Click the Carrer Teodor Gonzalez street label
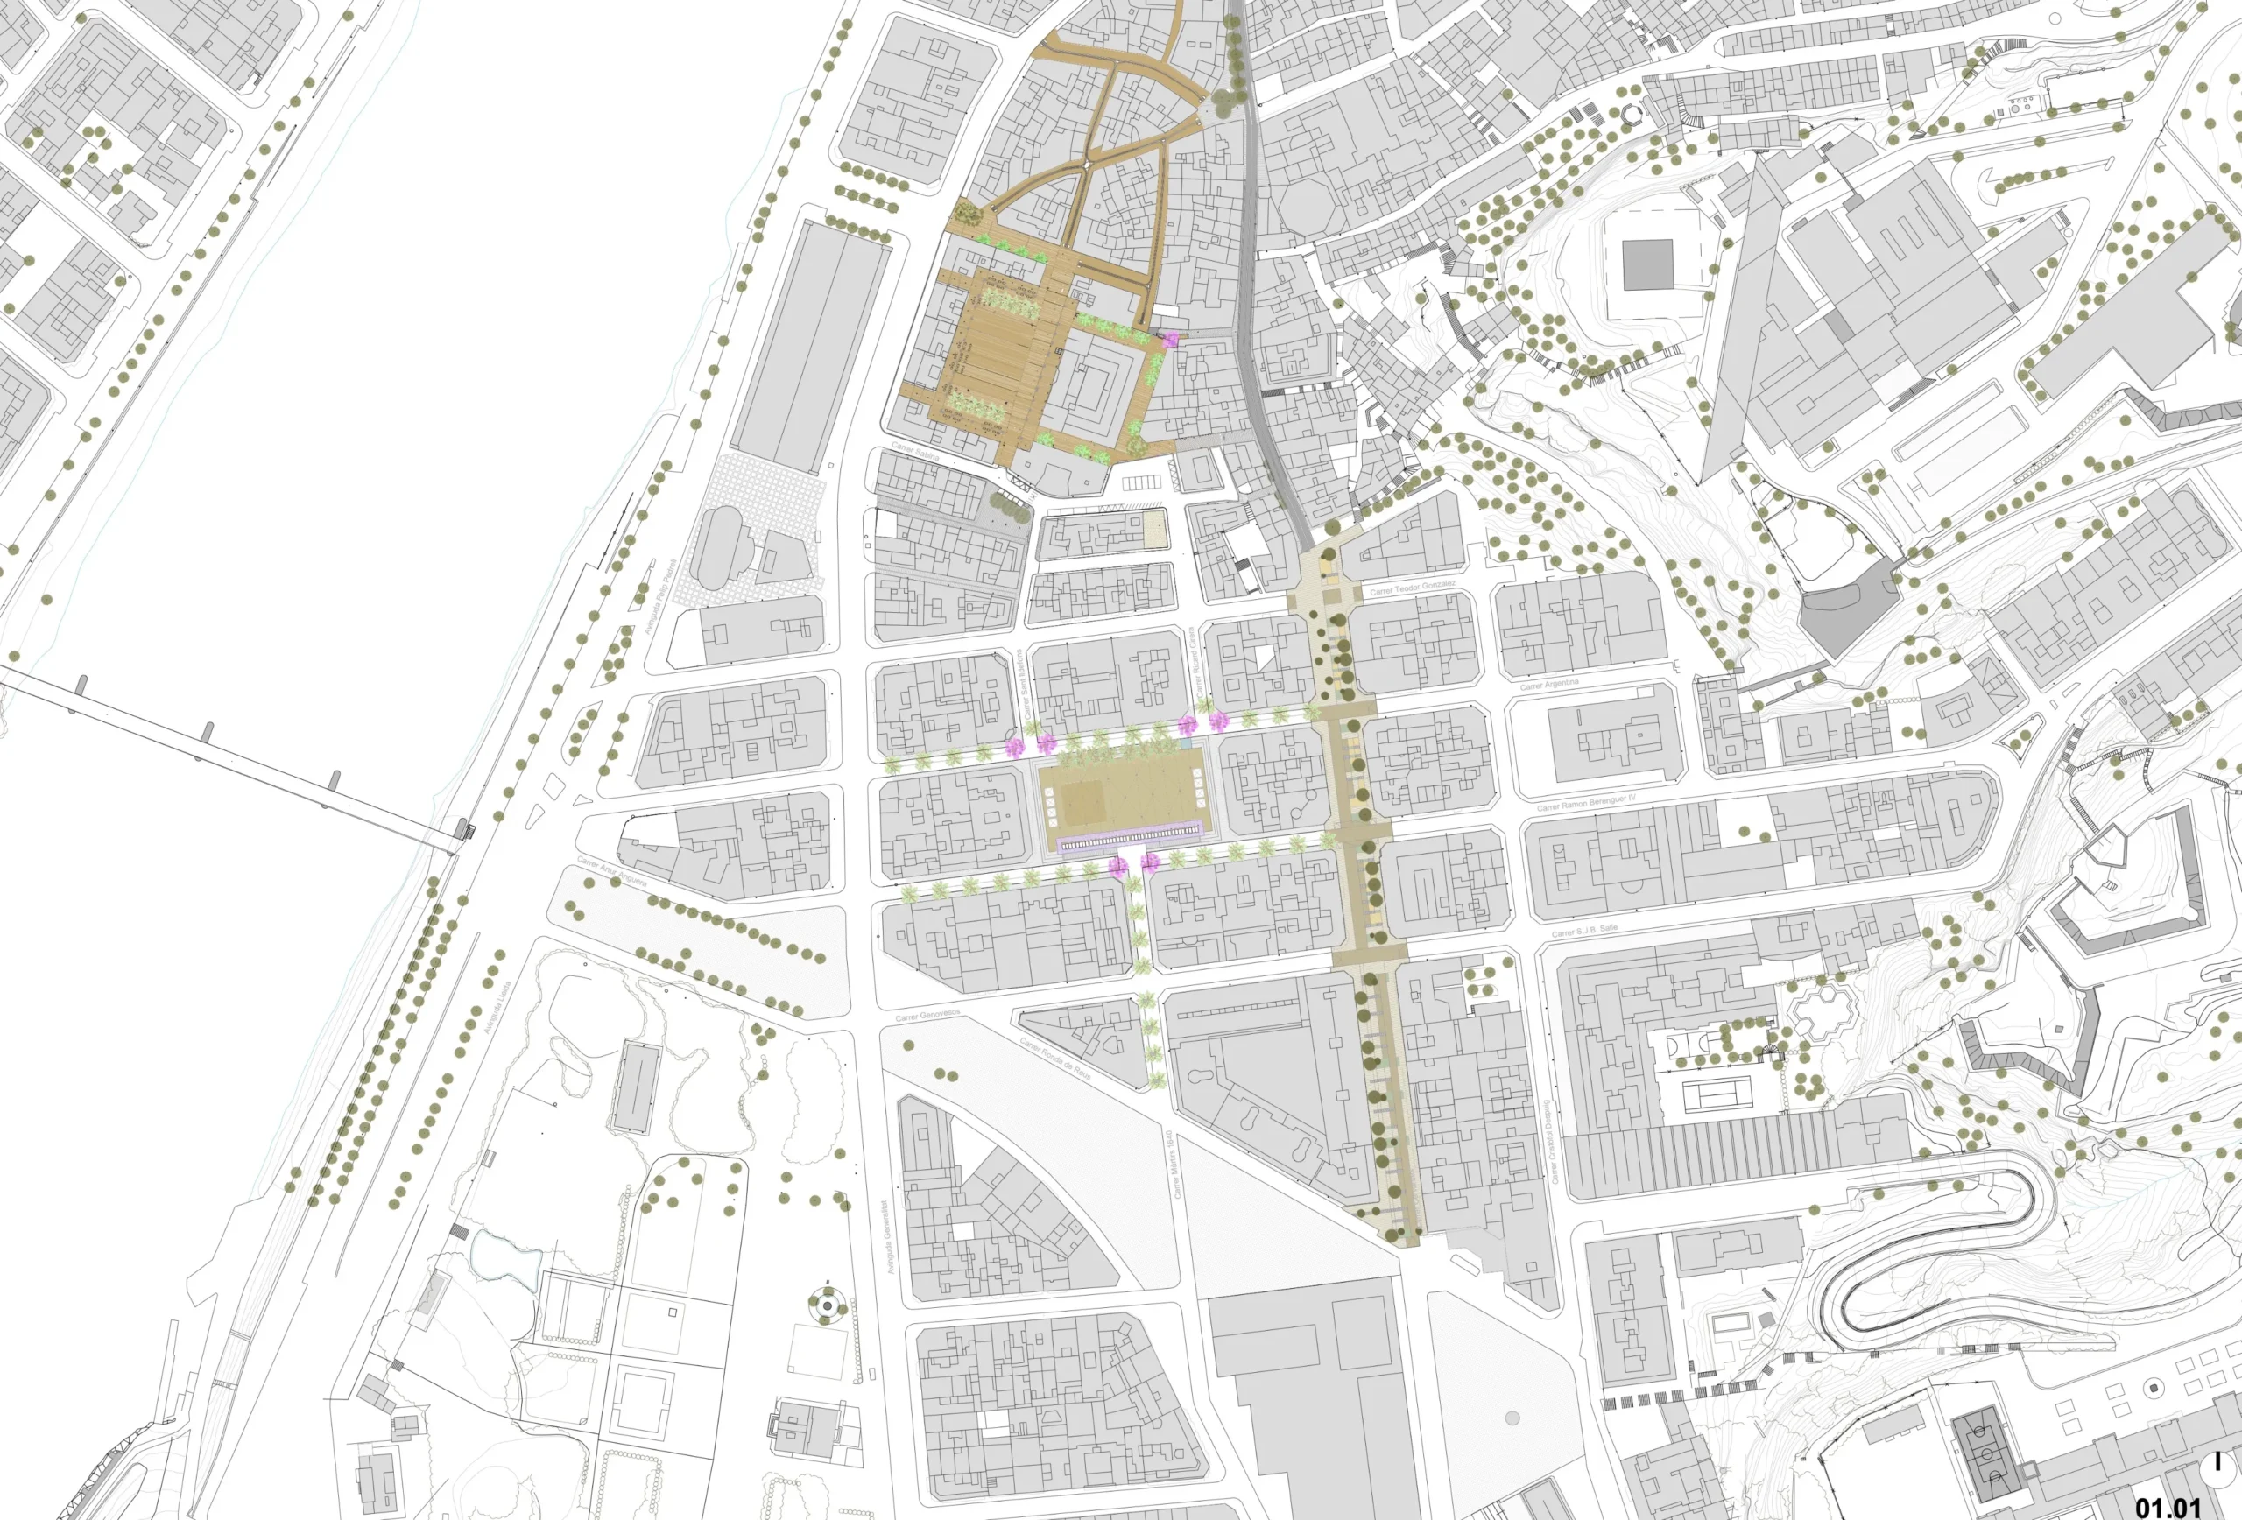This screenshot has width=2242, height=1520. [1413, 588]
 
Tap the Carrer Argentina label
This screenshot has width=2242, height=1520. [1549, 685]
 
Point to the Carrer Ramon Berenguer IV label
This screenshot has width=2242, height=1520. [1586, 802]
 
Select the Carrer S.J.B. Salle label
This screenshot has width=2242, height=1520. [1585, 931]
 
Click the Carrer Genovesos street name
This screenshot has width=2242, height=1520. [927, 1016]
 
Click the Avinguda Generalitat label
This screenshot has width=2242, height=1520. [889, 1236]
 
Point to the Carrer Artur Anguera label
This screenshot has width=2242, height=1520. [611, 870]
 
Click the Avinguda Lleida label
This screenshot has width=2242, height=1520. [497, 1007]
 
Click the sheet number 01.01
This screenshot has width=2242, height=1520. [2168, 1505]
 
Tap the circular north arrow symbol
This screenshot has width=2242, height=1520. [2219, 1471]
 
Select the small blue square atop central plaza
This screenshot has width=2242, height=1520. [1185, 744]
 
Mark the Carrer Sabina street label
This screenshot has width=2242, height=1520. [914, 449]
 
